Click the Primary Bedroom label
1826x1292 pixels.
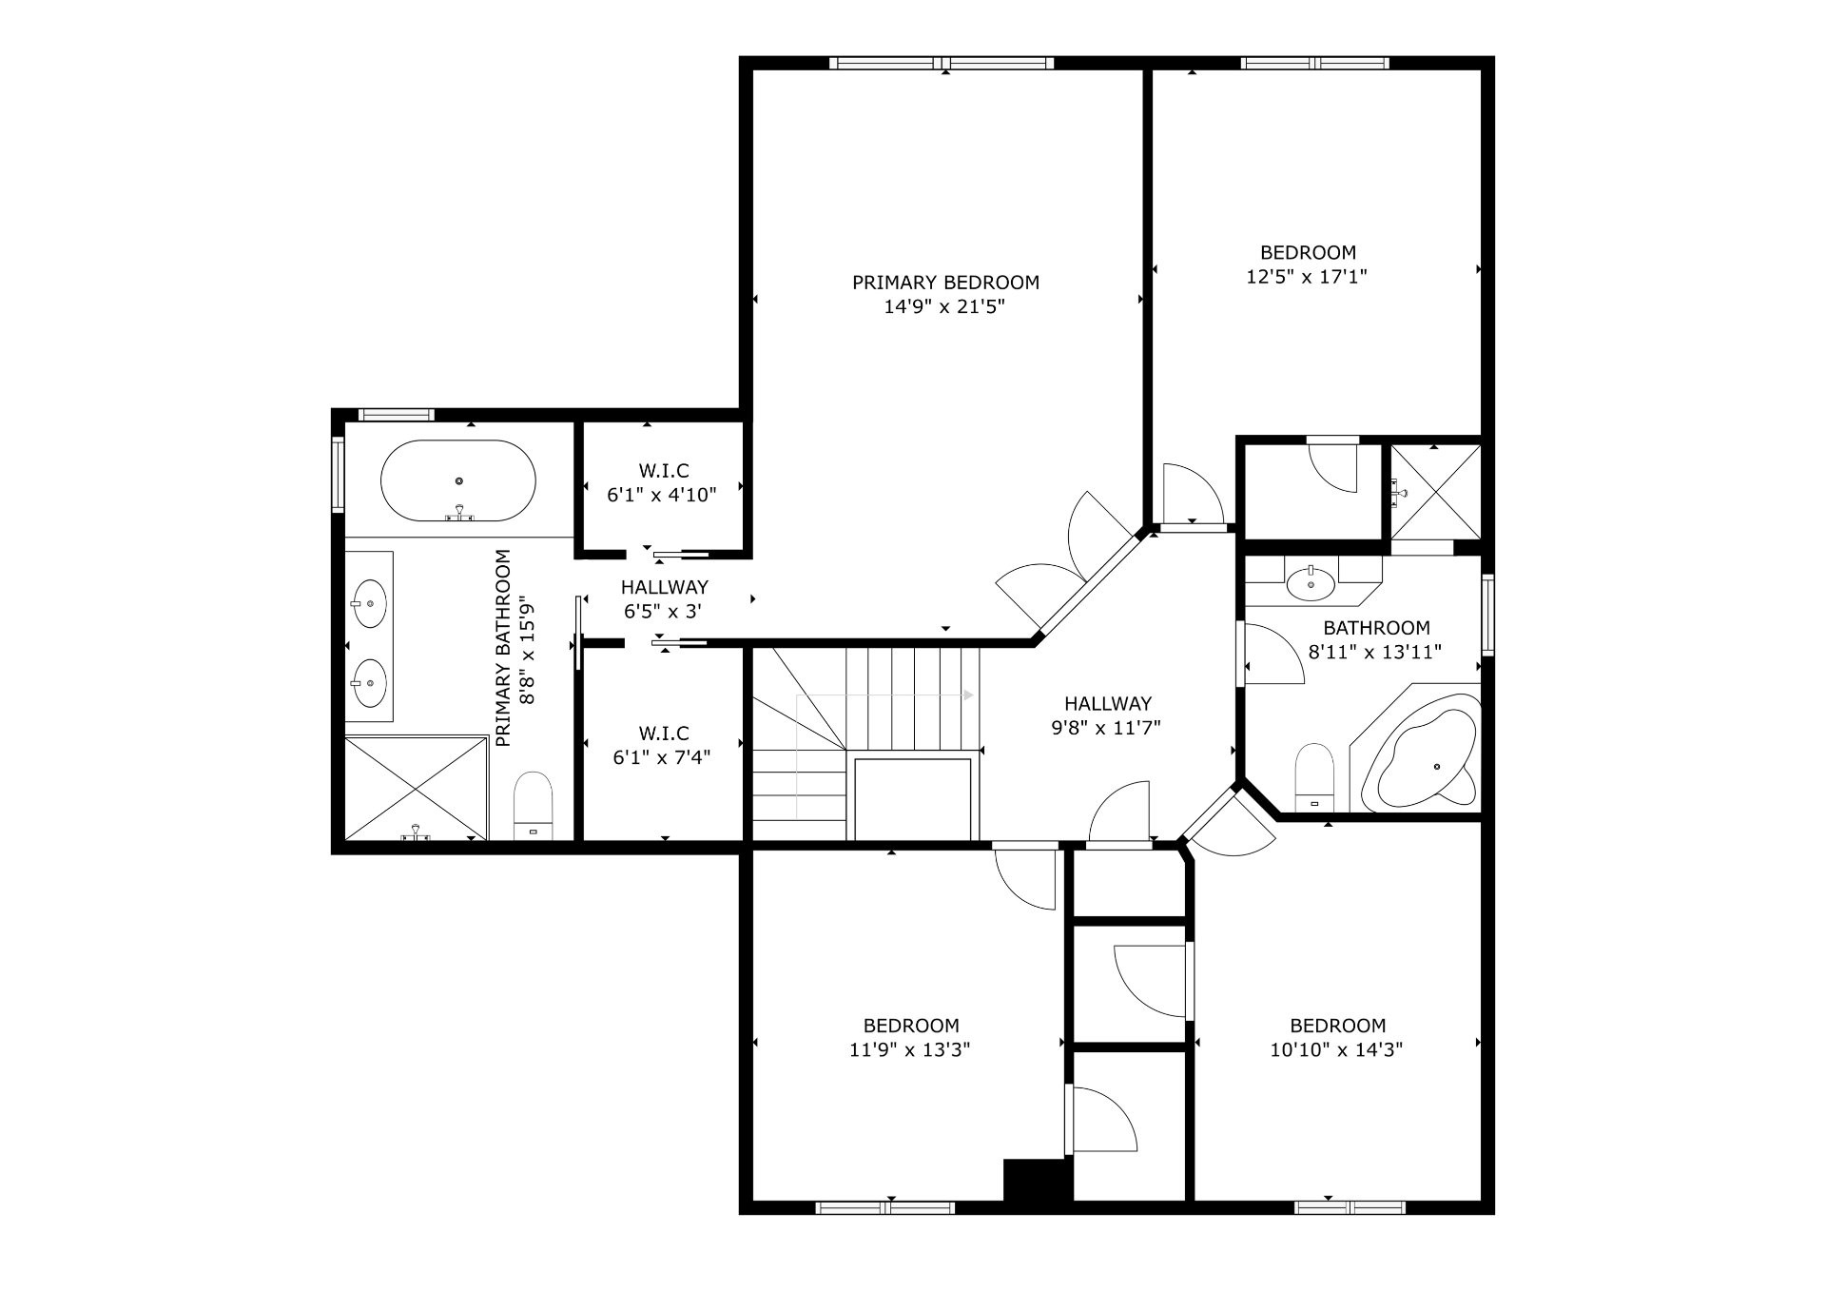945,283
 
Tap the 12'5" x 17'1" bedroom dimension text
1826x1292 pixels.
1307,277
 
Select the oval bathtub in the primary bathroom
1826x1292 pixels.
458,480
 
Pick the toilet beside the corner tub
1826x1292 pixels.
1315,776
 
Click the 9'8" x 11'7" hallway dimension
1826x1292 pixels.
1107,728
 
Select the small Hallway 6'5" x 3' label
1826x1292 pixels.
664,599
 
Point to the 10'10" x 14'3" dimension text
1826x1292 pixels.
1336,1050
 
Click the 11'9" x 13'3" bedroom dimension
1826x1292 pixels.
910,1050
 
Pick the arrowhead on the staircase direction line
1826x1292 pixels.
968,695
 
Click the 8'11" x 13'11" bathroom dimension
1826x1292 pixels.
1376,653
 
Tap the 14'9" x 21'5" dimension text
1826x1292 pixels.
944,307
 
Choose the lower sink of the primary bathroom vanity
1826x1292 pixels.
368,682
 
